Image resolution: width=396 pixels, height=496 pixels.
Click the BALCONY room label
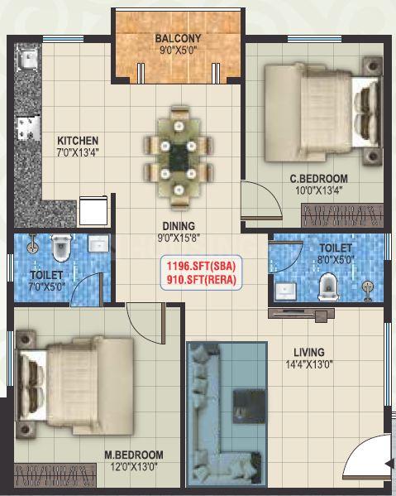[x=178, y=39]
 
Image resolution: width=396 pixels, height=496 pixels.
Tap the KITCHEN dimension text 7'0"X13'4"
[x=78, y=153]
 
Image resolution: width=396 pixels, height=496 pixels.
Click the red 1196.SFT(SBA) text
[x=201, y=266]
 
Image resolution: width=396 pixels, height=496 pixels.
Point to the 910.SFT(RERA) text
[x=201, y=280]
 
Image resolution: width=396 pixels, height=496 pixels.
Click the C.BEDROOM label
[x=318, y=179]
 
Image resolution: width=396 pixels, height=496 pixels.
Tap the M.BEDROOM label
[x=134, y=455]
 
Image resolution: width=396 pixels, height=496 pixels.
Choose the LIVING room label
[x=309, y=353]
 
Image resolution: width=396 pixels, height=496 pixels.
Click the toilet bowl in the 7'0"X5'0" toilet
[x=61, y=247]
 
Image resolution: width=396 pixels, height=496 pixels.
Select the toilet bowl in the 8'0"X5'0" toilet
[x=328, y=287]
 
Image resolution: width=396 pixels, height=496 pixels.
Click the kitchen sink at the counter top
[x=28, y=57]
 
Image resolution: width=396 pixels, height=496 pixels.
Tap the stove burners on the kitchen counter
[x=28, y=128]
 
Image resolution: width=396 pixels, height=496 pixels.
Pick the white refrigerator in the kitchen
[x=93, y=210]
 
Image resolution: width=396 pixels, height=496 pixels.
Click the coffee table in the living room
[x=249, y=407]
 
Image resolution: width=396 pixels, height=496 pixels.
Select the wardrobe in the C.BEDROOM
[x=342, y=216]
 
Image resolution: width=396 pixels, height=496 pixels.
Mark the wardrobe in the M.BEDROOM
[x=55, y=475]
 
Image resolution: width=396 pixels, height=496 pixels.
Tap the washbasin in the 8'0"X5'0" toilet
[x=286, y=291]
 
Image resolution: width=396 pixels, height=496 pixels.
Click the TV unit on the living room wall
[x=301, y=314]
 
